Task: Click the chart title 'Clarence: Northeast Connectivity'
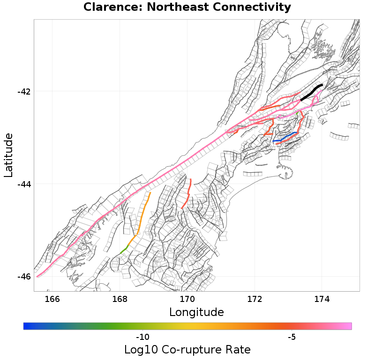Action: tap(187, 7)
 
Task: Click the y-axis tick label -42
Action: tap(24, 91)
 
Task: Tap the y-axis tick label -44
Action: tap(24, 184)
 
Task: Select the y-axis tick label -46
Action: tap(24, 277)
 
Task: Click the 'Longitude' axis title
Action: tap(196, 312)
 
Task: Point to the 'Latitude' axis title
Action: tap(8, 155)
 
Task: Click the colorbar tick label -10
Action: tap(142, 338)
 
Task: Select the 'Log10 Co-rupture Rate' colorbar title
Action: tap(187, 350)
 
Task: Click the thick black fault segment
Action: tap(312, 92)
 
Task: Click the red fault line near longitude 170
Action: tap(188, 195)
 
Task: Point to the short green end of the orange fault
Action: tap(124, 250)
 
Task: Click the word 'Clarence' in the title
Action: tap(106, 7)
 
